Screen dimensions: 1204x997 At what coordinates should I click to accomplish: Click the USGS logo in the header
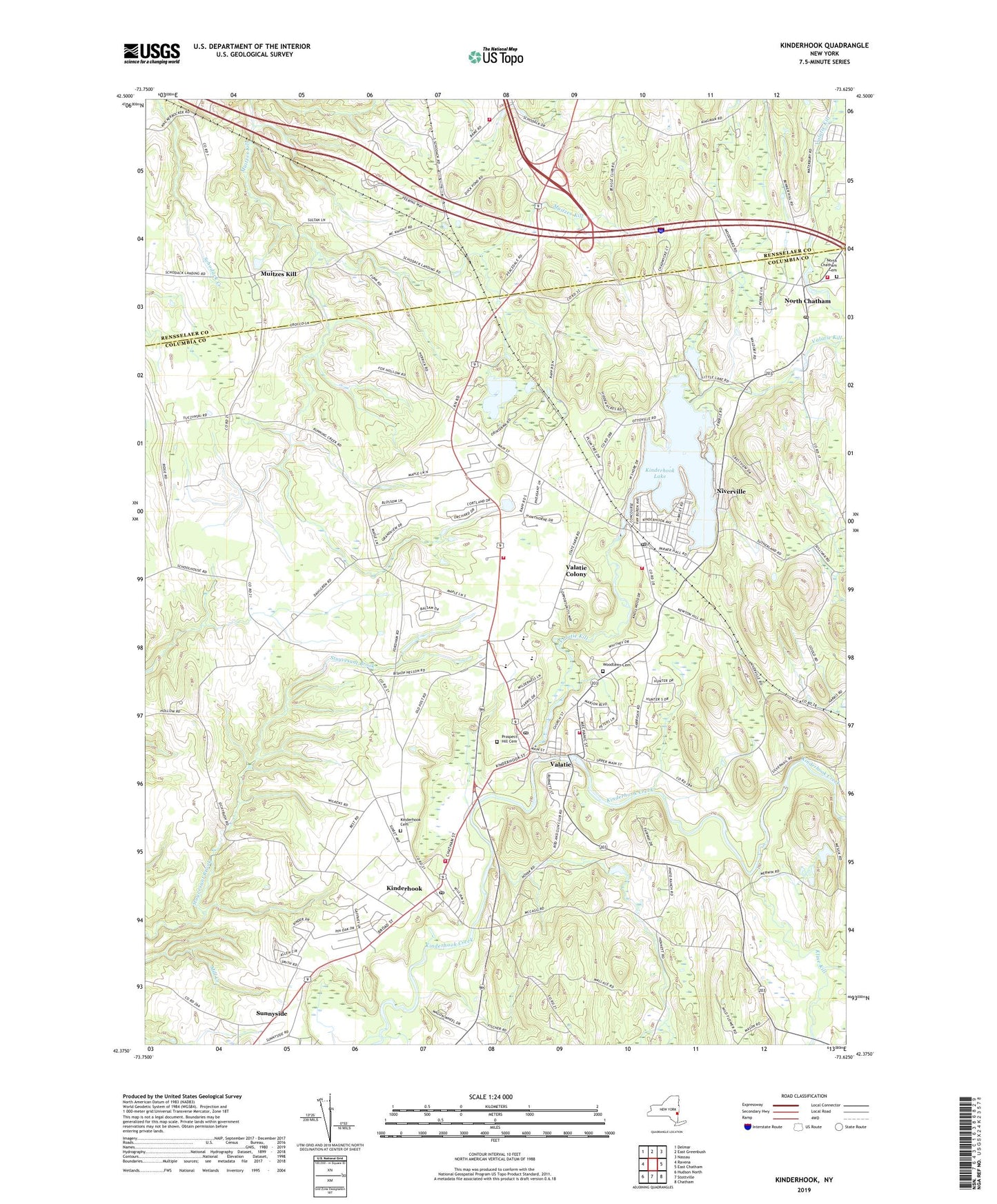pyautogui.click(x=151, y=53)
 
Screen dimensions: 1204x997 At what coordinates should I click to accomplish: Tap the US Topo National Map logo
pyautogui.click(x=495, y=56)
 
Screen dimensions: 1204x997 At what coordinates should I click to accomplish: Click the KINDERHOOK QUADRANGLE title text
pyautogui.click(x=824, y=46)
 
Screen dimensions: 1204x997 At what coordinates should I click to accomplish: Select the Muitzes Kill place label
pyautogui.click(x=278, y=274)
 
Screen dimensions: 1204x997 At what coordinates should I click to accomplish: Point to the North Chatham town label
pyautogui.click(x=807, y=301)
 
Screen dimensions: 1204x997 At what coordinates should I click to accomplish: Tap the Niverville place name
pyautogui.click(x=731, y=492)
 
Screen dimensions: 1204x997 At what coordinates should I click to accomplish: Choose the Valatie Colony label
pyautogui.click(x=576, y=570)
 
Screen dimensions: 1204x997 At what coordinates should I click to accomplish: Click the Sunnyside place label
pyautogui.click(x=271, y=1013)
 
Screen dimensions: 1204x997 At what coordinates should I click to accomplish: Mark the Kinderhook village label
pyautogui.click(x=404, y=888)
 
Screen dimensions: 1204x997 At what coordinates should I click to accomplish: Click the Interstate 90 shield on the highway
pyautogui.click(x=660, y=230)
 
